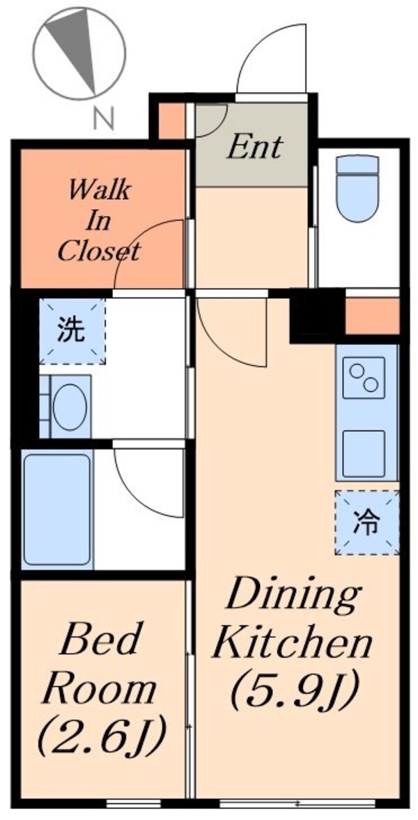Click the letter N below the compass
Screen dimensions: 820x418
click(104, 119)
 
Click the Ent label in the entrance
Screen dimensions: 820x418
click(256, 147)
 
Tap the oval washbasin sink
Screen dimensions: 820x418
click(70, 407)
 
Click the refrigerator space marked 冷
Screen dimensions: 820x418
click(366, 523)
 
